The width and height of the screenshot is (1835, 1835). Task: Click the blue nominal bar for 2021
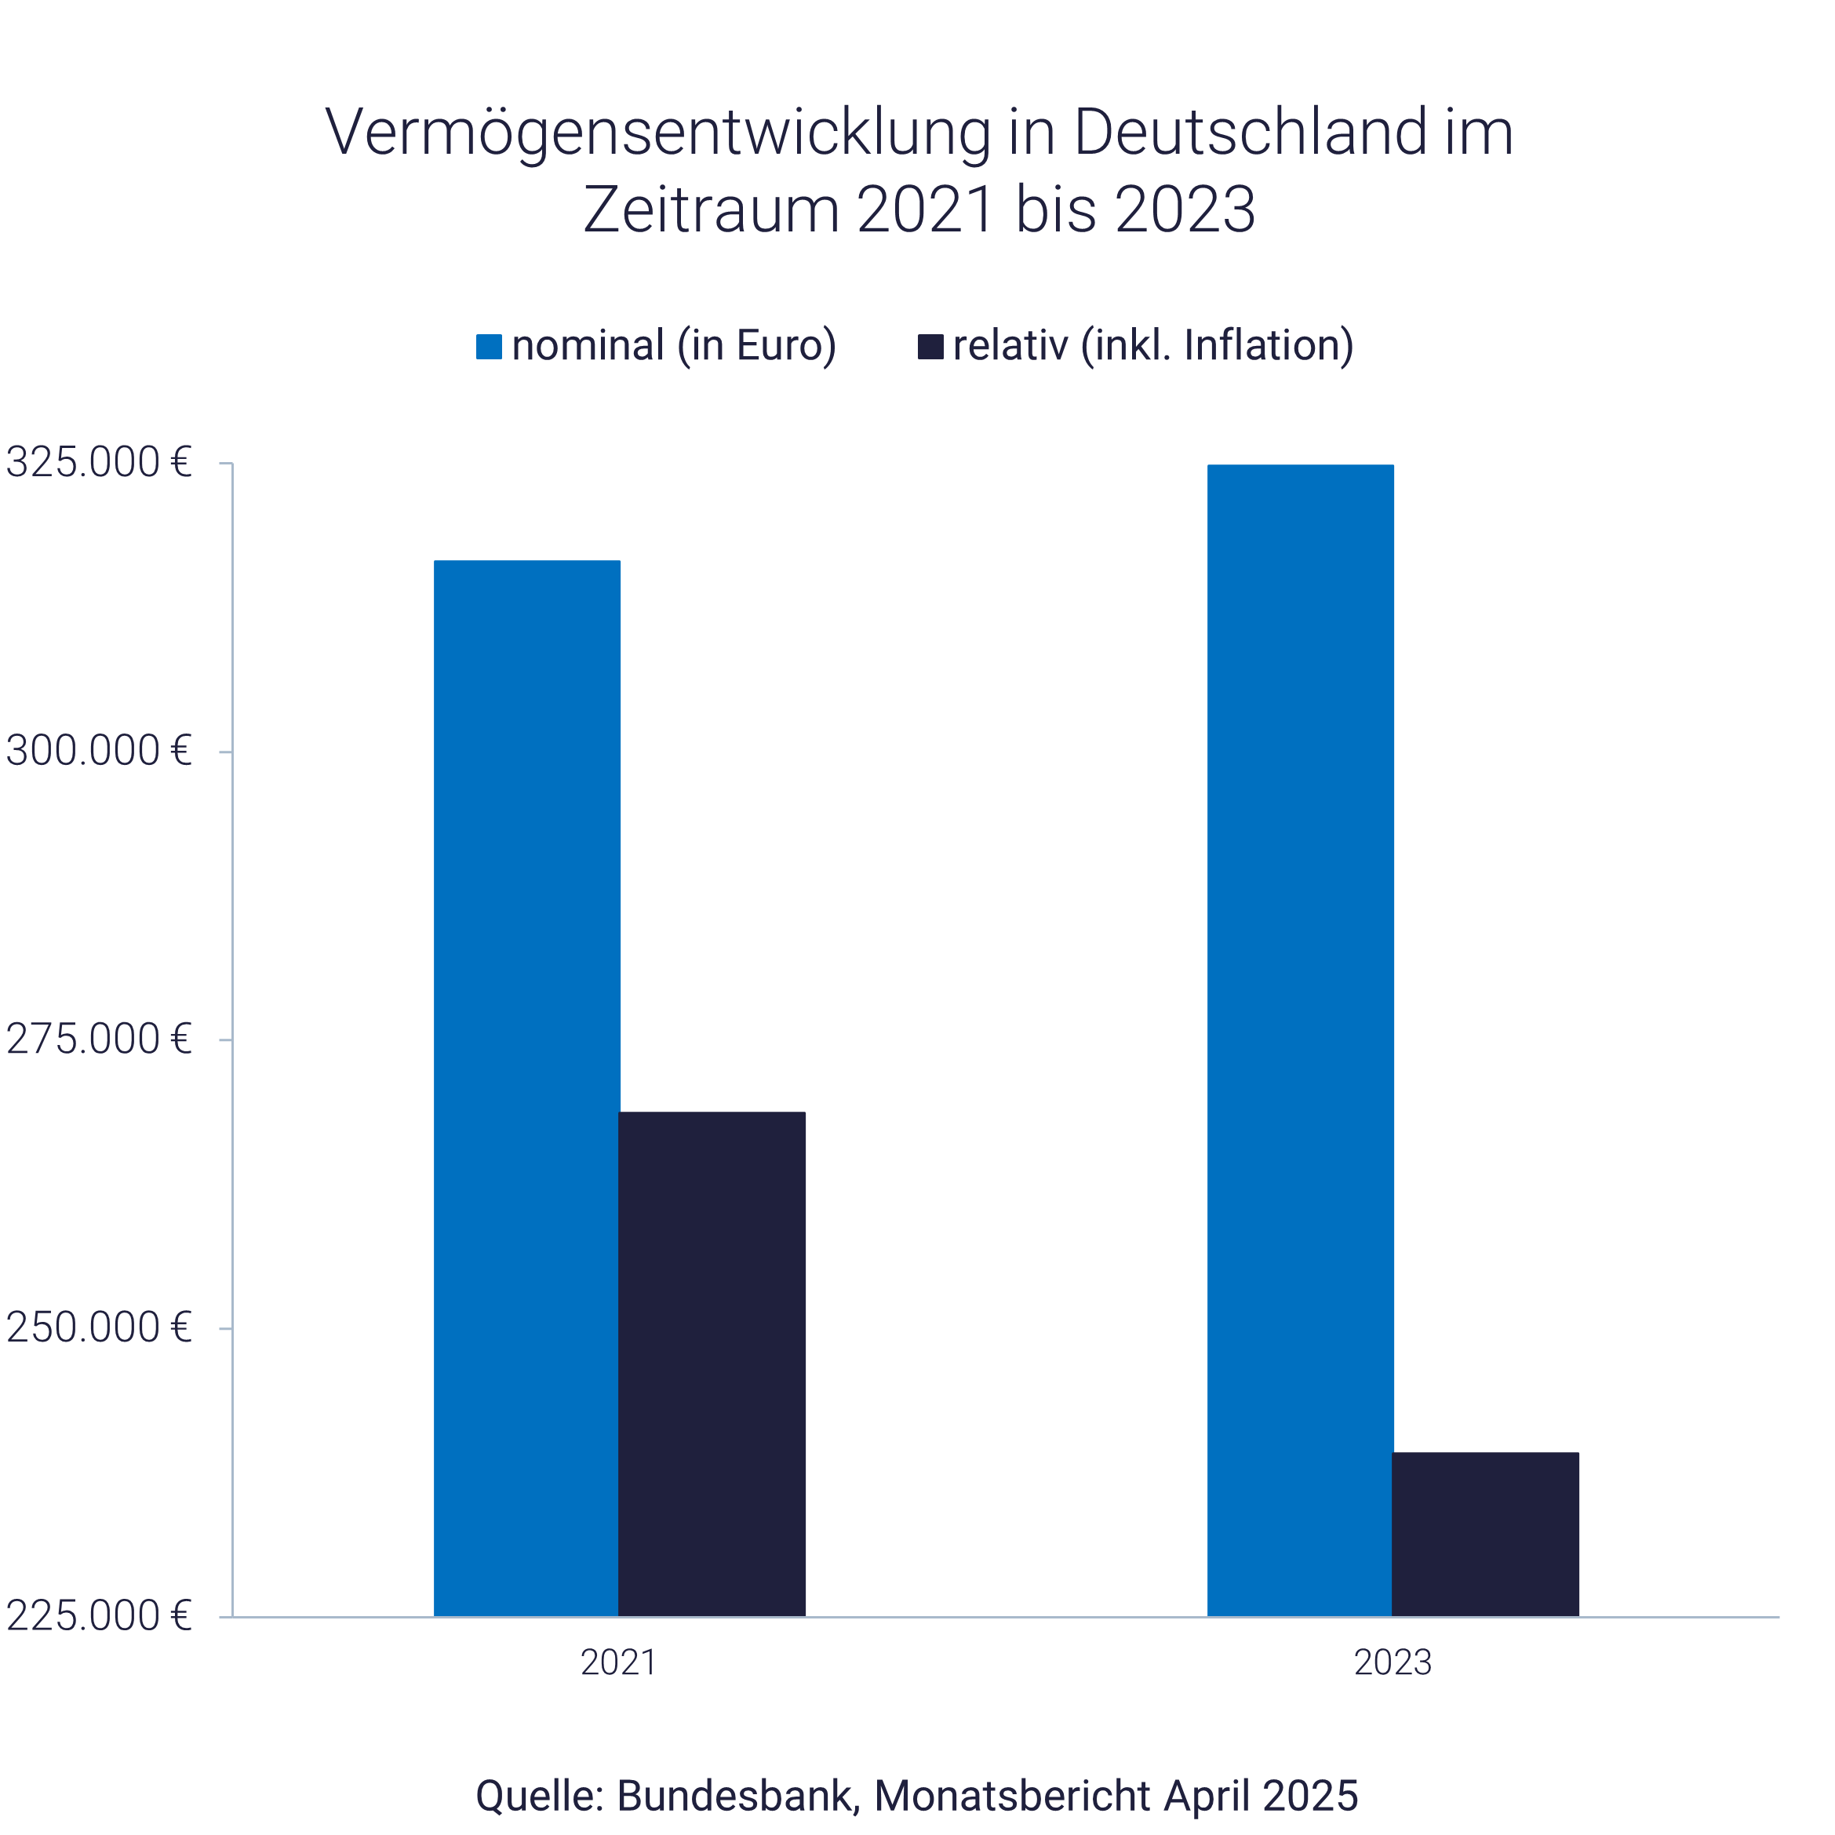[x=527, y=1087]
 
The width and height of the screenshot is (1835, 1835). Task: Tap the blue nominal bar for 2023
[x=1300, y=1040]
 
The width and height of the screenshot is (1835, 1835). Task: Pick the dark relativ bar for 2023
[x=1485, y=1534]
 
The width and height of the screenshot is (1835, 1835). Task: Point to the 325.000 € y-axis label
[x=99, y=463]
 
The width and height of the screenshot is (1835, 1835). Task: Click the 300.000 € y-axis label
[x=99, y=752]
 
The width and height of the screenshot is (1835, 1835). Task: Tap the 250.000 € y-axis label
[x=99, y=1328]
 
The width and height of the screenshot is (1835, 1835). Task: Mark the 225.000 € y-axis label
[x=99, y=1615]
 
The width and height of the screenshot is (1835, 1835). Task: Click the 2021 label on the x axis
[x=618, y=1663]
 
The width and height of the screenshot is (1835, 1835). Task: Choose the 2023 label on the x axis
[x=1393, y=1663]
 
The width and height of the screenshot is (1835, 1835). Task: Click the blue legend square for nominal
[x=488, y=347]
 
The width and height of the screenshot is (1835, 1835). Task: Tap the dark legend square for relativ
[x=930, y=347]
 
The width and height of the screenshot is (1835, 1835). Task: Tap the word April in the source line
[x=1205, y=1796]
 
